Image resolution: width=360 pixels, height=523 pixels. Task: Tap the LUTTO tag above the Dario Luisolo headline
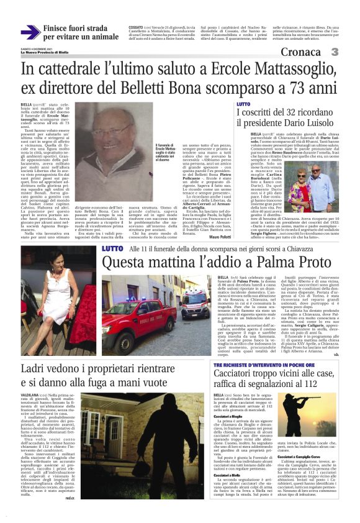point(244,104)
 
